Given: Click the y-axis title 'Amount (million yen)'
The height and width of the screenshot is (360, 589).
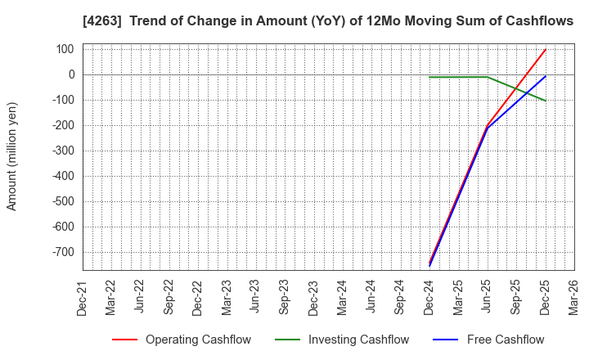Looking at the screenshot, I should click(12, 156).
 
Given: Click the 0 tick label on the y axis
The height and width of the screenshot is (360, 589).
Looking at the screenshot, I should click(72, 74).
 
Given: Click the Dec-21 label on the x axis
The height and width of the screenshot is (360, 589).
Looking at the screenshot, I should click(83, 296).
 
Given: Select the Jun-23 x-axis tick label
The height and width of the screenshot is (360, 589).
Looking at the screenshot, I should click(255, 296).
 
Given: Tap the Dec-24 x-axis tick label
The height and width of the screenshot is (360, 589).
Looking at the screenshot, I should click(429, 296).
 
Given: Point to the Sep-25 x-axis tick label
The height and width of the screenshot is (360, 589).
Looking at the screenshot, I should click(516, 296).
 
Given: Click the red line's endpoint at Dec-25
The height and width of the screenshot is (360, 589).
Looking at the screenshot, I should click(546, 49).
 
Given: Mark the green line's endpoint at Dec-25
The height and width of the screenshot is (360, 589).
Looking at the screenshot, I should click(546, 101).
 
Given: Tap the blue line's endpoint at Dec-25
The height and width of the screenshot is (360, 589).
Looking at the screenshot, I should click(546, 76).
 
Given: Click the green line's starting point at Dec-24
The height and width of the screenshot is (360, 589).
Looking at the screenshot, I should click(429, 77).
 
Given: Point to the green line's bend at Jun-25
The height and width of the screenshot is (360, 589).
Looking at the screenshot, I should click(488, 77).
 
